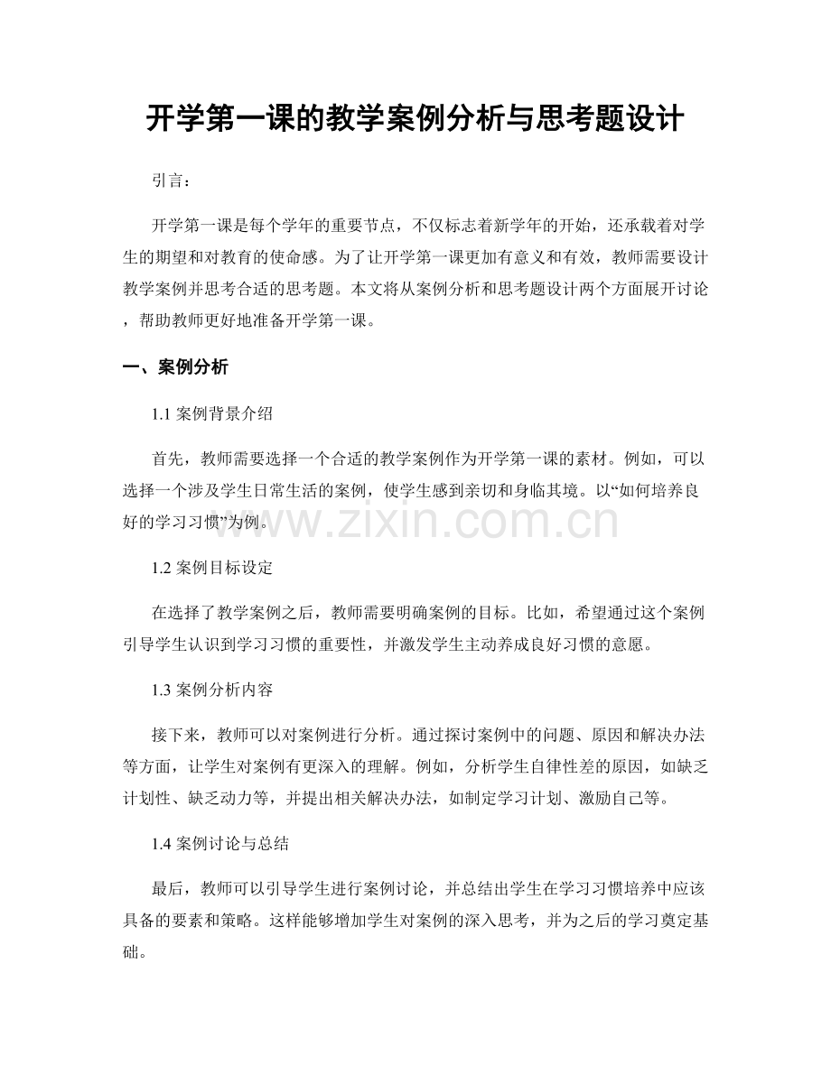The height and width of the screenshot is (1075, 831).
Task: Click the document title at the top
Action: tap(415, 119)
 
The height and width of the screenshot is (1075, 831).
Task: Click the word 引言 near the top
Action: tap(169, 181)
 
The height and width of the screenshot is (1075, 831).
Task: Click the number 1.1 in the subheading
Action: tap(163, 415)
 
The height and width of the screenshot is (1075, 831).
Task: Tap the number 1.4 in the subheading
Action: tap(163, 845)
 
